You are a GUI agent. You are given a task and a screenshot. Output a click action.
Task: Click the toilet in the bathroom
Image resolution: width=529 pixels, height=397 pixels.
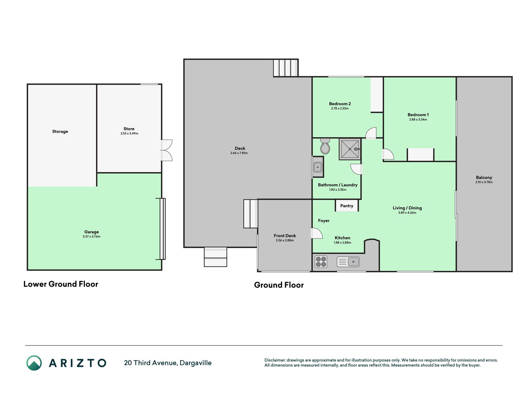[325, 146]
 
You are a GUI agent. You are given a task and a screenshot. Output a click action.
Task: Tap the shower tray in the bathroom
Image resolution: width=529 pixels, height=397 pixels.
[350, 149]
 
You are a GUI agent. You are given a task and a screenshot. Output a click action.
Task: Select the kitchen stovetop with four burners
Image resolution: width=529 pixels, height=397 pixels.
[321, 261]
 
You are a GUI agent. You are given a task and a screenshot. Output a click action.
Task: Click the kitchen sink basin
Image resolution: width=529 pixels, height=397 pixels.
[353, 262]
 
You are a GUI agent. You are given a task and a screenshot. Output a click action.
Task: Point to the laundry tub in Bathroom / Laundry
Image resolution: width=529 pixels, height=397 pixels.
[318, 167]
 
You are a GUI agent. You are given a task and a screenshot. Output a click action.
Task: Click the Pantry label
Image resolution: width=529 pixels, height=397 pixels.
[346, 206]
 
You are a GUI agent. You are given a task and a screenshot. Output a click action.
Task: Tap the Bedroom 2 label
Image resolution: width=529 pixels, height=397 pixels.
[340, 104]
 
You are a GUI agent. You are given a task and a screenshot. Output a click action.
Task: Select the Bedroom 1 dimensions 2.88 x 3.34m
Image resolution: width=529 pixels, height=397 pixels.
[418, 119]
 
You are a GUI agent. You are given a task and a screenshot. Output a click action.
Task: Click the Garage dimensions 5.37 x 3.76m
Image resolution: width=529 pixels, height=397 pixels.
[91, 236]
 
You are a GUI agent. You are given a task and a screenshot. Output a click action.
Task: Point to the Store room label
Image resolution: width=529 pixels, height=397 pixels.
[129, 129]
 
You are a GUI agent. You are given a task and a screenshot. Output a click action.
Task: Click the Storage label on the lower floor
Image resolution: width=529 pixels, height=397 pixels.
[60, 132]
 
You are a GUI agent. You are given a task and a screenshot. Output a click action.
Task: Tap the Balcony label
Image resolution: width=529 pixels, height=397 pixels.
[484, 177]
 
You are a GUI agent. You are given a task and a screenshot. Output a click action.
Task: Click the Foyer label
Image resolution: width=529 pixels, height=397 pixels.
[324, 221]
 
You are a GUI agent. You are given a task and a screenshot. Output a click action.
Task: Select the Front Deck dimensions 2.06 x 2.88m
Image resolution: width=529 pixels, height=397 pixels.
[285, 240]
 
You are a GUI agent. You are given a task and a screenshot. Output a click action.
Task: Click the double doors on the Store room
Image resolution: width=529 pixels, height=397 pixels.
[166, 150]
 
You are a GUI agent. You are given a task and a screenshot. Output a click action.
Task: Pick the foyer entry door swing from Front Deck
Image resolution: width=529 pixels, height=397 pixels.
[317, 233]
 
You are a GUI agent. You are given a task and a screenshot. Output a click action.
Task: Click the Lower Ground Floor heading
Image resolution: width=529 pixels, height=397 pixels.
[61, 284]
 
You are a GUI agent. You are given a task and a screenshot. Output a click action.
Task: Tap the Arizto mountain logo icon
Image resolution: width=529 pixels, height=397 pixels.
[34, 363]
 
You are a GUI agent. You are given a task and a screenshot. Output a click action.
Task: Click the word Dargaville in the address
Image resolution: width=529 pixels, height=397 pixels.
[196, 363]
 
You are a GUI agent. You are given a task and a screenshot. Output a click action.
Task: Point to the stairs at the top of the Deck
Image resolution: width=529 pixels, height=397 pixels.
[285, 68]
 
